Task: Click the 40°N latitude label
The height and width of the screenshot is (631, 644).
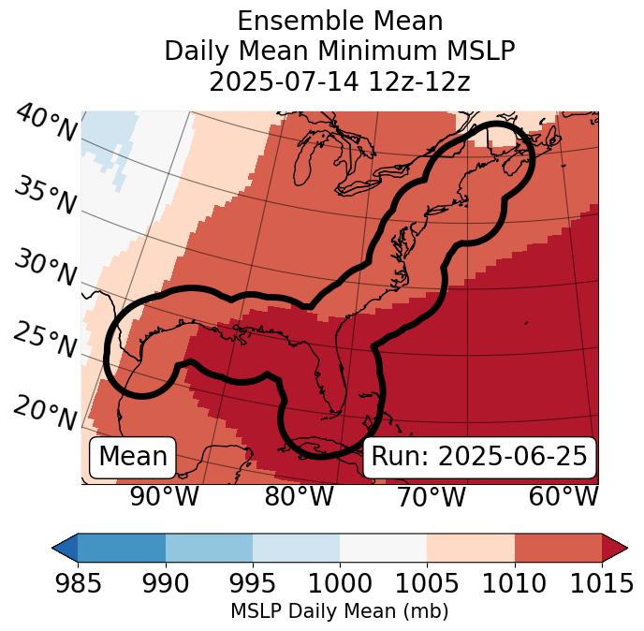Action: [x=45, y=125]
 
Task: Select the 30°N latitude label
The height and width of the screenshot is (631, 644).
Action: [x=45, y=268]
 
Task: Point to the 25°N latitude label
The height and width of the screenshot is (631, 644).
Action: [x=45, y=340]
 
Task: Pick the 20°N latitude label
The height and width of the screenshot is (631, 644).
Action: [x=45, y=412]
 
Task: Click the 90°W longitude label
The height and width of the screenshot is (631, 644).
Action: [x=164, y=497]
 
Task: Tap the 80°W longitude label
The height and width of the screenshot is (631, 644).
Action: [x=299, y=497]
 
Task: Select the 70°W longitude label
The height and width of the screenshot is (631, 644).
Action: [x=431, y=497]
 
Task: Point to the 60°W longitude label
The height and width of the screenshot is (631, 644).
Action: [x=563, y=497]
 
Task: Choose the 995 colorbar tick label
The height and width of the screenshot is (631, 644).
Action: [x=253, y=584]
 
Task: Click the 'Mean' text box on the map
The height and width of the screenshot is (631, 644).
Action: [x=133, y=457]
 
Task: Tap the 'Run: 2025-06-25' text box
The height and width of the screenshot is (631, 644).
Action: [x=479, y=457]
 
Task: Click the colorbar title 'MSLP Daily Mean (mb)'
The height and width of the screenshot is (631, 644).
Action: [x=340, y=611]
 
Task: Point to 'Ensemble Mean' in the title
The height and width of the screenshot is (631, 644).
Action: [x=340, y=21]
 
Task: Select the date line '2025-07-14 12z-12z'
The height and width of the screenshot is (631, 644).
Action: [x=340, y=81]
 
